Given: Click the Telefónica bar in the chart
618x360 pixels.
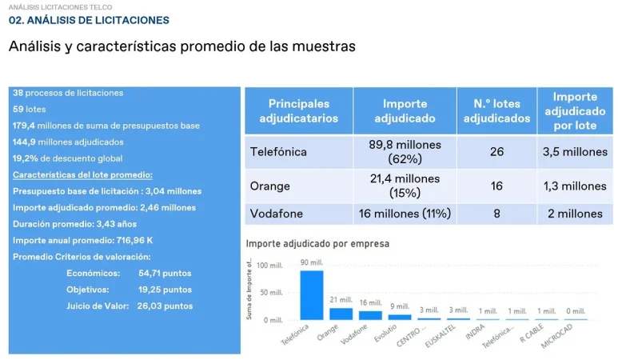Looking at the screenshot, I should [x=311, y=295].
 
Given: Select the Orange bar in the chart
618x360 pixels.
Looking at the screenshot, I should [x=341, y=314].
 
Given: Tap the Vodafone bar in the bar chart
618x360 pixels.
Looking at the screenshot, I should [x=370, y=315].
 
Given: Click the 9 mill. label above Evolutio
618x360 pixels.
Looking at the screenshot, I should [x=400, y=306].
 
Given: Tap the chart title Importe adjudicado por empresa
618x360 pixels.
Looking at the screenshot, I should [x=317, y=243].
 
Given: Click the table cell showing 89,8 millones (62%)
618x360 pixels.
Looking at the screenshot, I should [x=405, y=151].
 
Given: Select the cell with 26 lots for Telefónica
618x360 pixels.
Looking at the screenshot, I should [x=496, y=151].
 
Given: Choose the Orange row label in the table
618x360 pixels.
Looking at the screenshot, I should [x=270, y=186].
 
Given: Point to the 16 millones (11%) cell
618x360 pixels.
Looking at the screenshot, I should [x=405, y=214].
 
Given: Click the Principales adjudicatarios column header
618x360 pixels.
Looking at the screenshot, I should [x=298, y=111].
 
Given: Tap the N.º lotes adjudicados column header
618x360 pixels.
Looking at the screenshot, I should [x=496, y=111].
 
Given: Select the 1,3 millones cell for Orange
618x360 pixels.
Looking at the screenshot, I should [x=575, y=186].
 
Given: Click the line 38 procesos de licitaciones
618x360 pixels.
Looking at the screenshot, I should [x=69, y=93].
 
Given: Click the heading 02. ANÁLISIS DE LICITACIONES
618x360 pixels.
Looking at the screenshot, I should [x=89, y=20].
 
